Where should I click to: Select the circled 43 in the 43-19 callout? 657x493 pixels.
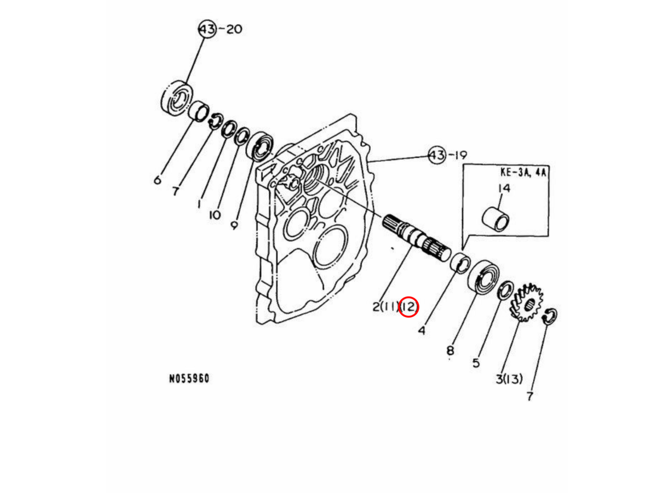click(437, 155)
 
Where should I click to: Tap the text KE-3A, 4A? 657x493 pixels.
click(524, 171)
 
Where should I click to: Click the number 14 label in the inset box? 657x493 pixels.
click(503, 188)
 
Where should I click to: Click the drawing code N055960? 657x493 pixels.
click(188, 379)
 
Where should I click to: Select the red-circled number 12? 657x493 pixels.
click(408, 307)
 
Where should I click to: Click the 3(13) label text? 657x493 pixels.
click(509, 379)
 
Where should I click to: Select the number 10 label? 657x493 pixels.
click(214, 215)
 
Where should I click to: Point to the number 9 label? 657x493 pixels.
click(234, 225)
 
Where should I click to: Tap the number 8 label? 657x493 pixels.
click(449, 350)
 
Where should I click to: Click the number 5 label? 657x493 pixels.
click(476, 363)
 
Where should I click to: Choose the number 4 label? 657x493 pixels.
click(421, 331)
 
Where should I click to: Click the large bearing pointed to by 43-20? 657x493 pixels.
click(176, 98)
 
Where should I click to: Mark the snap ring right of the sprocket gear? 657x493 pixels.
click(550, 317)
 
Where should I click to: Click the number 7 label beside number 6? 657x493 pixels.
click(175, 191)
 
